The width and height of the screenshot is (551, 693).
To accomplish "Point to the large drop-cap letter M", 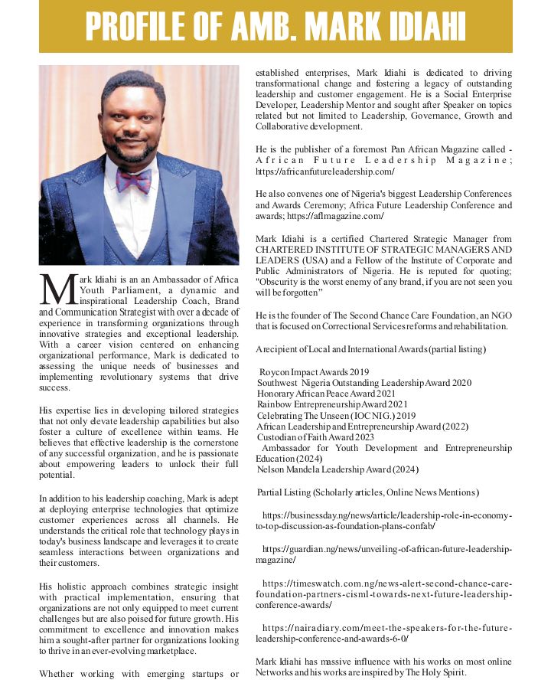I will (57, 289).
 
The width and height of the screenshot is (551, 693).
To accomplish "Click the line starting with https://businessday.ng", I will (386, 515).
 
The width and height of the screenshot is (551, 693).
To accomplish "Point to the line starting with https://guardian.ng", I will (386, 550).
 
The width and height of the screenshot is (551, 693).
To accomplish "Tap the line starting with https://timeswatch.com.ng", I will (386, 583).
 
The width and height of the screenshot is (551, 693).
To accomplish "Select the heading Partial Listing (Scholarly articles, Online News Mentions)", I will (368, 492).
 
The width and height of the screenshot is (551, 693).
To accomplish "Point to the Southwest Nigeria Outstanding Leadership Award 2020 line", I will (364, 383).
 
